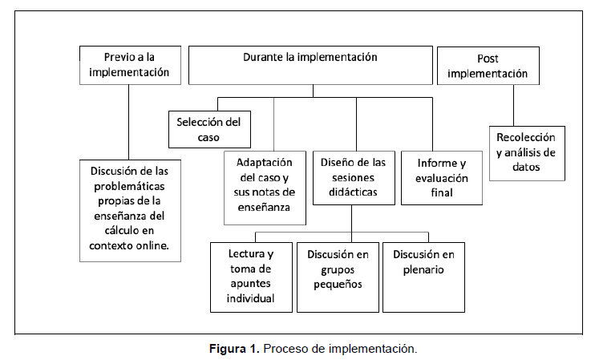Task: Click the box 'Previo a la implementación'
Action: (130, 65)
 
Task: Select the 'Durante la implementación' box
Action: (310, 65)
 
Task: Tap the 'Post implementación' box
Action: (488, 65)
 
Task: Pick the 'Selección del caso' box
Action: (208, 129)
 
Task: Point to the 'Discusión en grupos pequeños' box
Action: (338, 276)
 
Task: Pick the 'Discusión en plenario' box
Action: (423, 276)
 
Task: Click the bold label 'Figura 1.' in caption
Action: (235, 349)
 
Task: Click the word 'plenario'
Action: (423, 269)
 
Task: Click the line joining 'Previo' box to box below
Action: (129, 120)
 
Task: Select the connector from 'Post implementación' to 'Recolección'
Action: (512, 104)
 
